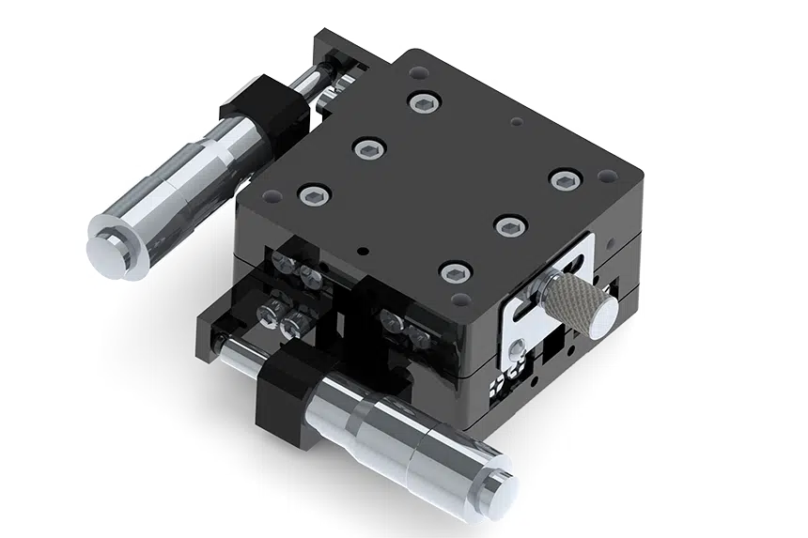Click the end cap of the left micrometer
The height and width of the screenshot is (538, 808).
[x=104, y=246]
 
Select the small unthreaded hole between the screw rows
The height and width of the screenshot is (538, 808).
[x=514, y=121]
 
